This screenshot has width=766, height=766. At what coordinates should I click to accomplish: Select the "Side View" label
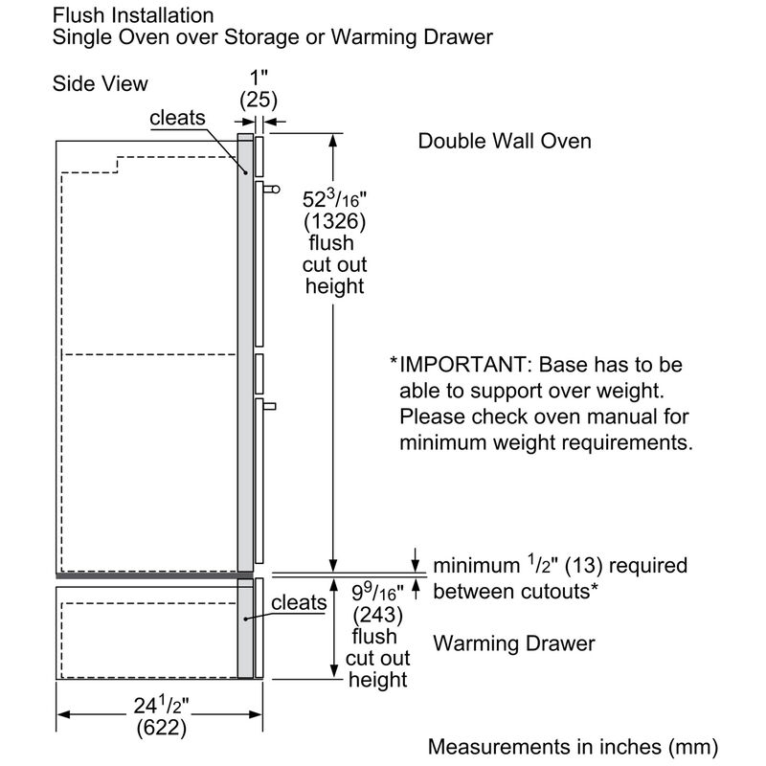tap(100, 84)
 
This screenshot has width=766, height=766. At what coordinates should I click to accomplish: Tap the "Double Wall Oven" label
tap(505, 141)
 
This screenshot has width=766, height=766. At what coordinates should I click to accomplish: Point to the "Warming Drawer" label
tap(513, 643)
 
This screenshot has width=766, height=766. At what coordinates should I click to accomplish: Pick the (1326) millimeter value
tap(335, 223)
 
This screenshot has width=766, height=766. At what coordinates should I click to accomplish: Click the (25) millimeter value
tap(257, 99)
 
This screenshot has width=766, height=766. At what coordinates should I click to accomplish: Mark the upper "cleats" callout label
tap(177, 118)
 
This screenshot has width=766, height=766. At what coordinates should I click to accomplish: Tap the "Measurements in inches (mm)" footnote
tap(584, 746)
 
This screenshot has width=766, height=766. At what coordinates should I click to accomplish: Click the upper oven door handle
tap(271, 190)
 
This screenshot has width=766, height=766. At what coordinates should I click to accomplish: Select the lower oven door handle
tap(270, 406)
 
